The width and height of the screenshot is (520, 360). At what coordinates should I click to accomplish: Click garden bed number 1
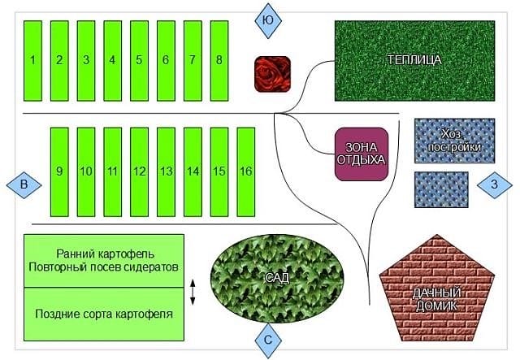(x=32, y=59)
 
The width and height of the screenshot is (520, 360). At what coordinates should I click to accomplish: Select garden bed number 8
(x=219, y=59)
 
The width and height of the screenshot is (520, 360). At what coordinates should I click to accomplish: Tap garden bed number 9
(x=59, y=171)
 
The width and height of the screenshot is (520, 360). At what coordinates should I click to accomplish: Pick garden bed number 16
(x=245, y=171)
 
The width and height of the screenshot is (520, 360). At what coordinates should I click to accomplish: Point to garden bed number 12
(x=139, y=171)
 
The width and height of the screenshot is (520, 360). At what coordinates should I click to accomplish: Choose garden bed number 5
(x=139, y=59)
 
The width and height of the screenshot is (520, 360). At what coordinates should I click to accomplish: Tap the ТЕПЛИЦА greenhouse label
(x=414, y=60)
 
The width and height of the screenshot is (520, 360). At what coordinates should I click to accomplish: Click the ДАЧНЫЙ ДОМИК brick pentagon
(x=437, y=294)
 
